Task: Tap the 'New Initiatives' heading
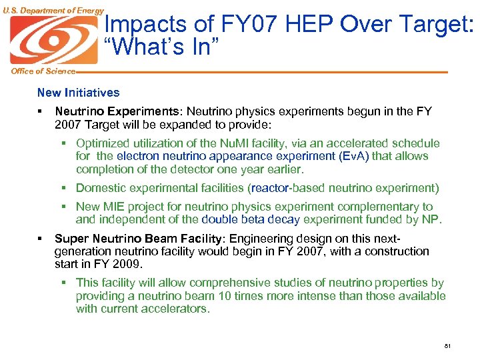79,93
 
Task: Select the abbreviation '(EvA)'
353,156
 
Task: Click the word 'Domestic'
100,188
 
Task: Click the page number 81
447,346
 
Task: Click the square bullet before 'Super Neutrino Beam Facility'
41,238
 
